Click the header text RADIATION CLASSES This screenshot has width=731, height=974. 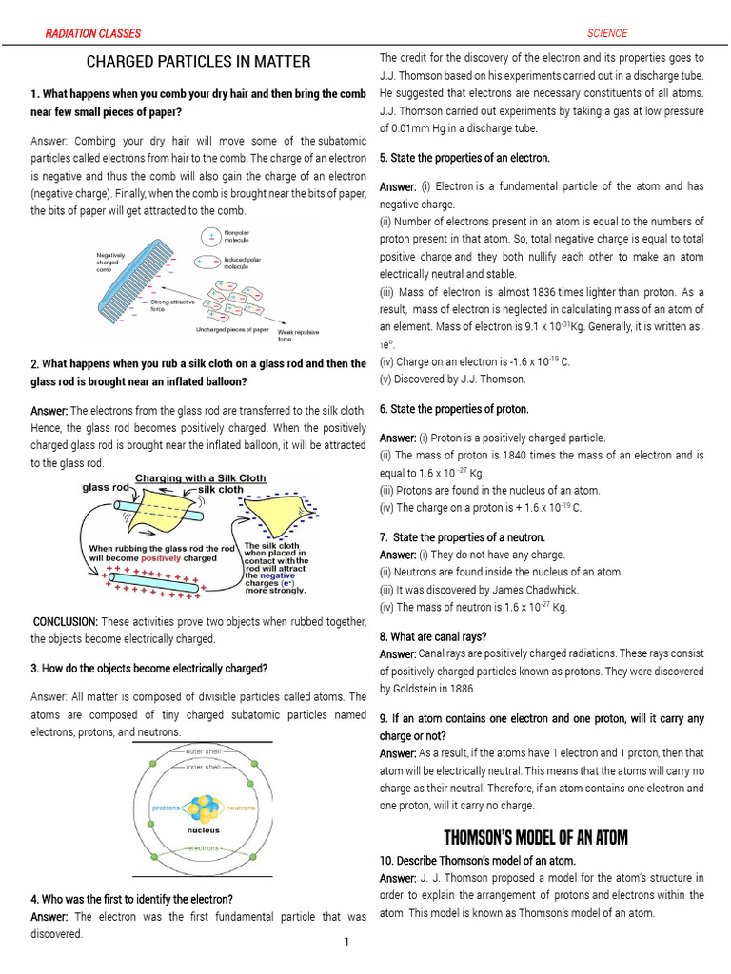click(x=93, y=33)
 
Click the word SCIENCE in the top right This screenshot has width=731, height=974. click(x=607, y=33)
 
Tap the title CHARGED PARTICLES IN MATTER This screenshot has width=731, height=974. click(x=198, y=62)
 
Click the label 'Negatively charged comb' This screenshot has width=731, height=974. click(x=112, y=262)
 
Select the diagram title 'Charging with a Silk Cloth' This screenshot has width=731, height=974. click(x=200, y=477)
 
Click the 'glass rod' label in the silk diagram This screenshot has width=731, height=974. click(x=105, y=489)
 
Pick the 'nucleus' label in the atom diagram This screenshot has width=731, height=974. click(x=203, y=829)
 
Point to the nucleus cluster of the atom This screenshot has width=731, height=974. click(x=203, y=808)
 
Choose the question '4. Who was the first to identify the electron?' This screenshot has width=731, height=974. click(x=131, y=899)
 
